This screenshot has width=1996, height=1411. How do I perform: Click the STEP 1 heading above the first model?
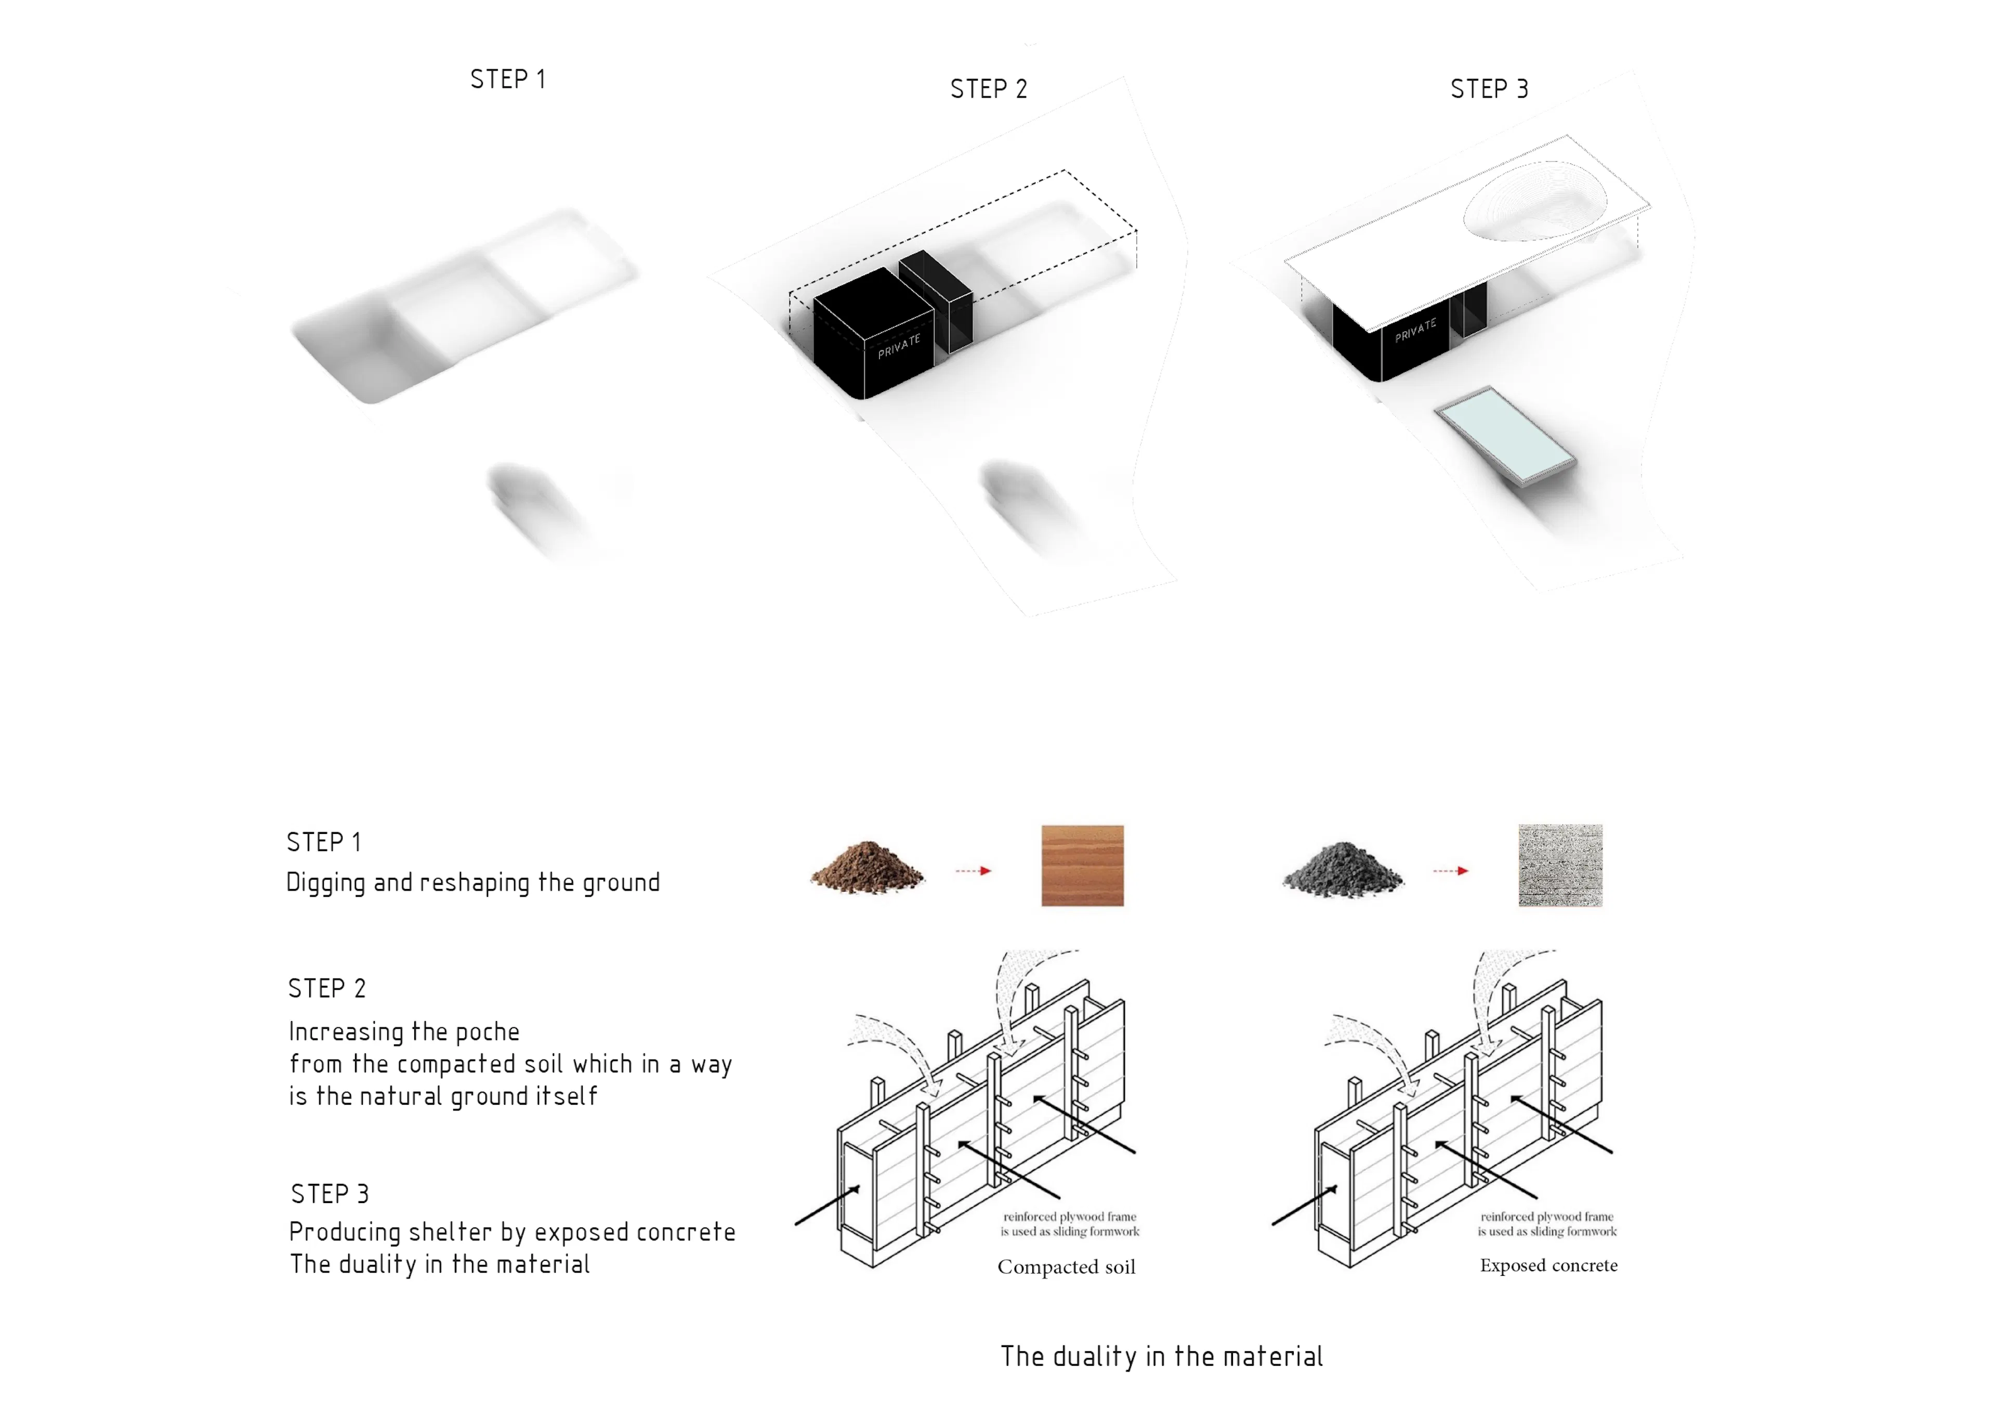point(508,79)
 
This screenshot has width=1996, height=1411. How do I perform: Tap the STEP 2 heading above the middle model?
point(989,89)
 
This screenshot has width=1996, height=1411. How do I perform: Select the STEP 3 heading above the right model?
point(1489,89)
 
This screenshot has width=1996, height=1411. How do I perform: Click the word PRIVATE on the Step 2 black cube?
point(899,346)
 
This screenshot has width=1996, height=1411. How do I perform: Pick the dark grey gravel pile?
point(1343,868)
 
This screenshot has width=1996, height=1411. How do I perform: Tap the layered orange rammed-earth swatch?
point(1082,866)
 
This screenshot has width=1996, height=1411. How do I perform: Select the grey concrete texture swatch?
point(1560,866)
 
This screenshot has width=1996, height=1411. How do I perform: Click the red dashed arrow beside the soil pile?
point(974,870)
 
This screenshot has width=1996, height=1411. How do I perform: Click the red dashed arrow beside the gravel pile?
point(1451,870)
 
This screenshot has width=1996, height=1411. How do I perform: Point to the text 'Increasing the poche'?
point(404,1032)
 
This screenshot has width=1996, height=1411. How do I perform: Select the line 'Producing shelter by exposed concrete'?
point(512,1232)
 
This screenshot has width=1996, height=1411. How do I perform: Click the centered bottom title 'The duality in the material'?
point(1161,1356)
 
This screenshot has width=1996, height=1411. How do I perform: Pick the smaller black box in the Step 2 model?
point(936,300)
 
